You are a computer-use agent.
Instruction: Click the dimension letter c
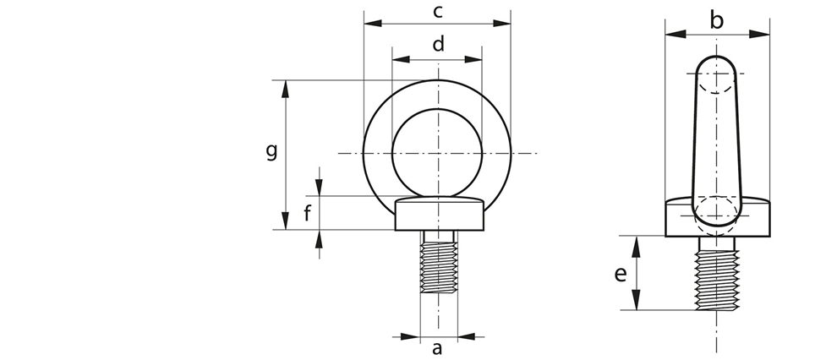(437, 11)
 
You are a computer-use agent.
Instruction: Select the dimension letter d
(438, 45)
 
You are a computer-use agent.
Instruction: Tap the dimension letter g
(271, 150)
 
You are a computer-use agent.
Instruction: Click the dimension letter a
(437, 347)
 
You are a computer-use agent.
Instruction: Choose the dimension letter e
(621, 274)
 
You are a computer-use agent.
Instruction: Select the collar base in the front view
(438, 215)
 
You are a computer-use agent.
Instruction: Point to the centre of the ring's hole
(438, 153)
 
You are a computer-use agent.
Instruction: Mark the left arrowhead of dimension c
(369, 25)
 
